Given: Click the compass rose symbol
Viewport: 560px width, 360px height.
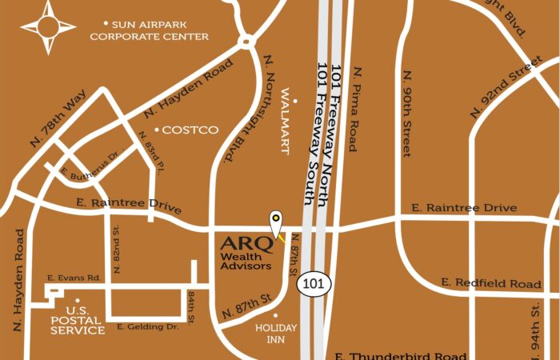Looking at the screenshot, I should [47, 27].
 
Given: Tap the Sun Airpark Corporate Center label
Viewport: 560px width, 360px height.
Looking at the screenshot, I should [149, 30].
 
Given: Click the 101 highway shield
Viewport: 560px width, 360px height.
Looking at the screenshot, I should [314, 284].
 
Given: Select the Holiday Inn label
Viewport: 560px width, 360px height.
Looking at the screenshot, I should [275, 332].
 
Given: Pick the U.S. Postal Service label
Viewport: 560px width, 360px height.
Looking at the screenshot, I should [85, 320].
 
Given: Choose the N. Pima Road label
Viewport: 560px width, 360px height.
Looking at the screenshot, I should [353, 109].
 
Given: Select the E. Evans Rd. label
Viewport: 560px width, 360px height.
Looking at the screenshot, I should [74, 278].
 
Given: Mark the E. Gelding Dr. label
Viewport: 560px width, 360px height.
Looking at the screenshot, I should [146, 326].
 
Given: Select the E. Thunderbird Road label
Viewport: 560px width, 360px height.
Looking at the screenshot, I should [400, 355].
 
